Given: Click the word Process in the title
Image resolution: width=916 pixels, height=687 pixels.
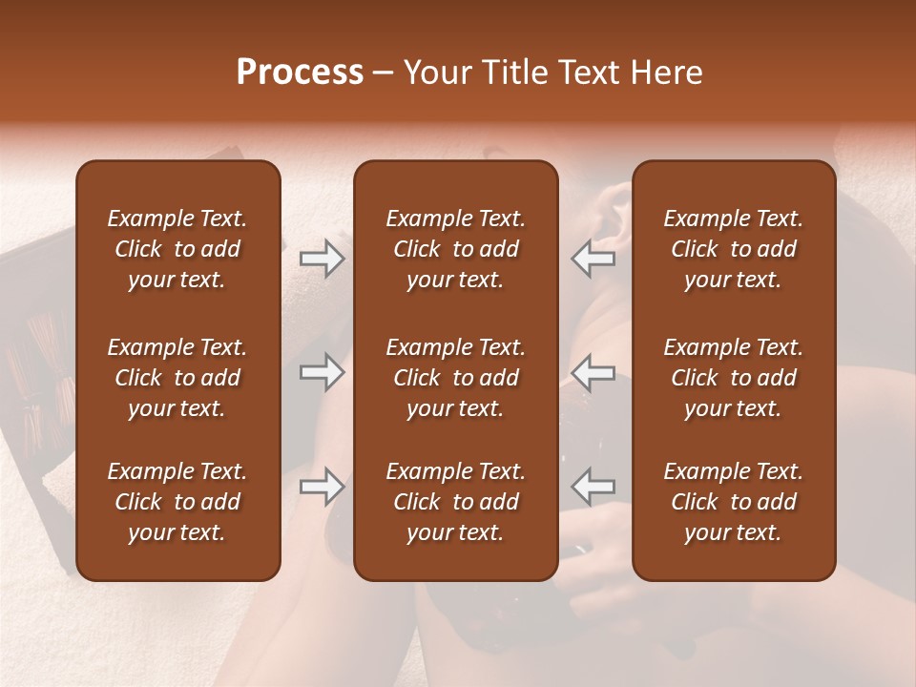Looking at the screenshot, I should (299, 73).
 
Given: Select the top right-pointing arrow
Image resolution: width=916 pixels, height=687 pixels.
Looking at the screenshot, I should (323, 259).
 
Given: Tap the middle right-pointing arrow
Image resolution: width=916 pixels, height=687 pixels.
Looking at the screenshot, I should (323, 372).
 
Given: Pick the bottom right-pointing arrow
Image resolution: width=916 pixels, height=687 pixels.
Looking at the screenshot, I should (323, 487).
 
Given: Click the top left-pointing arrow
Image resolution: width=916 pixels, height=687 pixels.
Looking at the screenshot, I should (593, 259).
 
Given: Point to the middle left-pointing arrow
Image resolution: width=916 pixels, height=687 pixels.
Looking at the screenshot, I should (593, 372).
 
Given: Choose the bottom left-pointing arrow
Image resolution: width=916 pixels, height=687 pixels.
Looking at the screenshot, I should (593, 487).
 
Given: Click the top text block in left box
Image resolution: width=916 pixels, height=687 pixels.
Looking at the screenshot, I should (177, 249).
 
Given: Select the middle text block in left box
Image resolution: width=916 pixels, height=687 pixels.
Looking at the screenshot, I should (177, 378).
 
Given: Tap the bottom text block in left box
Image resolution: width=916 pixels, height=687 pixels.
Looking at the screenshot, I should (177, 502).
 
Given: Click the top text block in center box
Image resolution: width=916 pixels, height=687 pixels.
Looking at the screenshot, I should (456, 249).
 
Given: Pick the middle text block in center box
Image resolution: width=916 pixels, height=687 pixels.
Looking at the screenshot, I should (456, 378).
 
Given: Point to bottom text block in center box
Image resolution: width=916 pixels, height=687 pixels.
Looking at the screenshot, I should (456, 502).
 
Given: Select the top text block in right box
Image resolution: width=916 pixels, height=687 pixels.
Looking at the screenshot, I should (734, 249).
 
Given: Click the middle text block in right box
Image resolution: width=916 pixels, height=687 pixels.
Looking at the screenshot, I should (734, 378).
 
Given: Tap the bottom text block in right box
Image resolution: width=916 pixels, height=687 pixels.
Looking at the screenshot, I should (734, 502).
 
